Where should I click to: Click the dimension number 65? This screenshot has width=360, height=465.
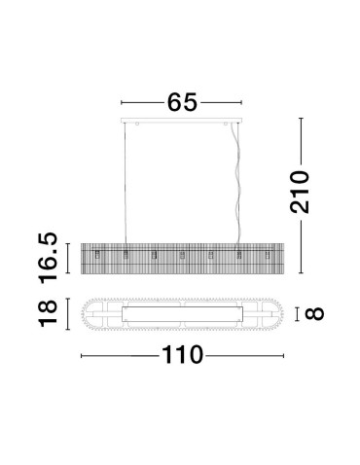[180, 101]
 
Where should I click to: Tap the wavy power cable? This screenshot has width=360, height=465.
[234, 185]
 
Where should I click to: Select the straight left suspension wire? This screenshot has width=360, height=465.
[127, 185]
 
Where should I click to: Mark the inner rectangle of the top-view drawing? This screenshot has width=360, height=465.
[182, 314]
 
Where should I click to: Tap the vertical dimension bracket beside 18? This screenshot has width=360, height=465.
[69, 314]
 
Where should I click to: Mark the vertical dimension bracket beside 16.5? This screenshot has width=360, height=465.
[69, 256]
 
